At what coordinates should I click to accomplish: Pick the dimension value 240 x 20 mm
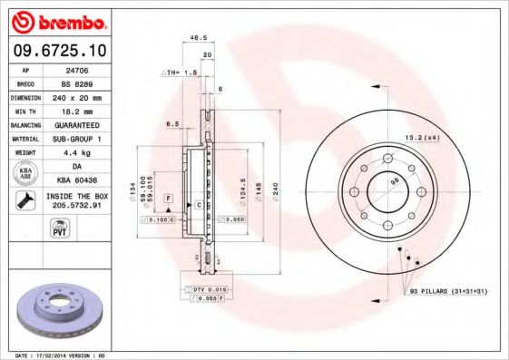click(75, 96)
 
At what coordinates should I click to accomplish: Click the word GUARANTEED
click(75, 124)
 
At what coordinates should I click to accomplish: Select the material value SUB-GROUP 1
click(75, 138)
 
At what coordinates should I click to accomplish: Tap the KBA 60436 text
click(75, 180)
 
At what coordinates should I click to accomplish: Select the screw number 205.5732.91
click(75, 206)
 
